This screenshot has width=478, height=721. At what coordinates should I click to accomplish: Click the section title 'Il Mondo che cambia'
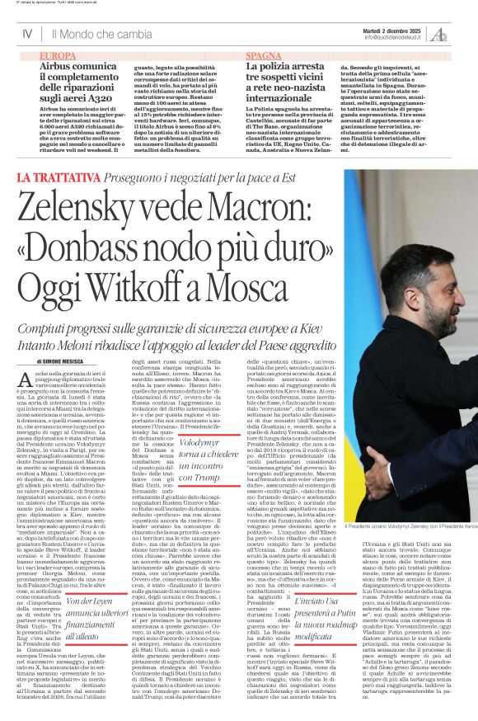point(101,35)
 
